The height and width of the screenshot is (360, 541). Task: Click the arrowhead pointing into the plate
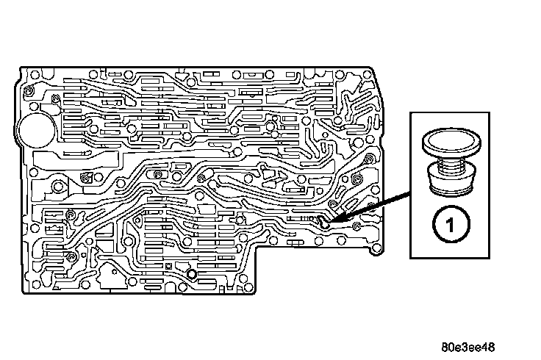click(x=332, y=220)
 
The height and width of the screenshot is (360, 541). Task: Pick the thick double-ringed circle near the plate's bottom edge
click(x=191, y=275)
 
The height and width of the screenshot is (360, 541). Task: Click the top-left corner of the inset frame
click(x=410, y=112)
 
